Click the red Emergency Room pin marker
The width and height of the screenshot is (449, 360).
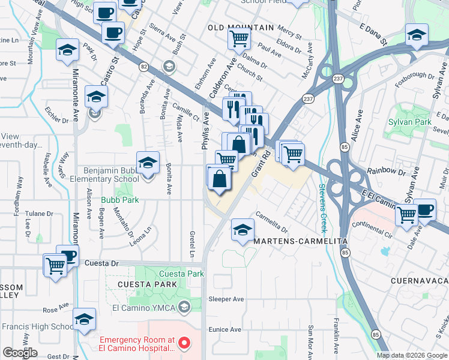click(185, 344)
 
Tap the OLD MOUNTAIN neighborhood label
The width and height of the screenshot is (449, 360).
click(241, 28)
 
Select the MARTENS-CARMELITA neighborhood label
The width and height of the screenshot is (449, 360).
click(301, 241)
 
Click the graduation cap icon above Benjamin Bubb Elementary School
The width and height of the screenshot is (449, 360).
click(148, 163)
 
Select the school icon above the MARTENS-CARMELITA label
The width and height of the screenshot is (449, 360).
click(242, 230)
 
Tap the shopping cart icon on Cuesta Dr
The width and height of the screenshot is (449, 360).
click(55, 265)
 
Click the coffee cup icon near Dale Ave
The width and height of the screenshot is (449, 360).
click(425, 210)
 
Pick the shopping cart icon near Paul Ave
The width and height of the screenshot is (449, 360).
click(239, 40)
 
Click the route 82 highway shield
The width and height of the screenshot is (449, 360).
click(143, 65)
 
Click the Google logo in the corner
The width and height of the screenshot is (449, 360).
click(20, 353)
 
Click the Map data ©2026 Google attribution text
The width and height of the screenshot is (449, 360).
click(412, 355)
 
